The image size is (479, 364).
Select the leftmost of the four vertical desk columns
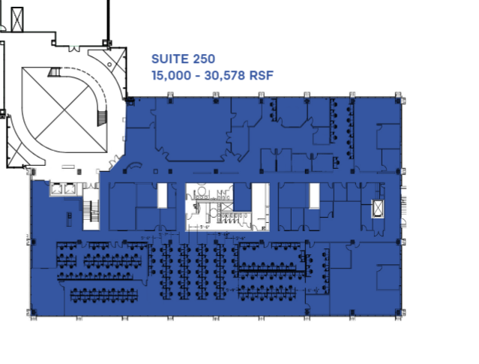coord(166,270)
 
